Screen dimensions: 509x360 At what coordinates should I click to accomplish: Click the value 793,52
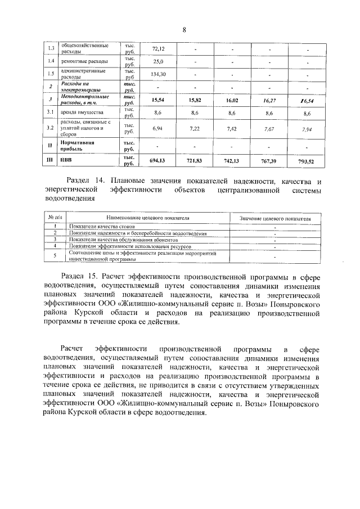click(307, 161)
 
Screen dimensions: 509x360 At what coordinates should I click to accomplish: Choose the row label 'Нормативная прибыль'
click(79, 146)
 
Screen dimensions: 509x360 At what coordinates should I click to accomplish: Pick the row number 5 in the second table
click(55, 256)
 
